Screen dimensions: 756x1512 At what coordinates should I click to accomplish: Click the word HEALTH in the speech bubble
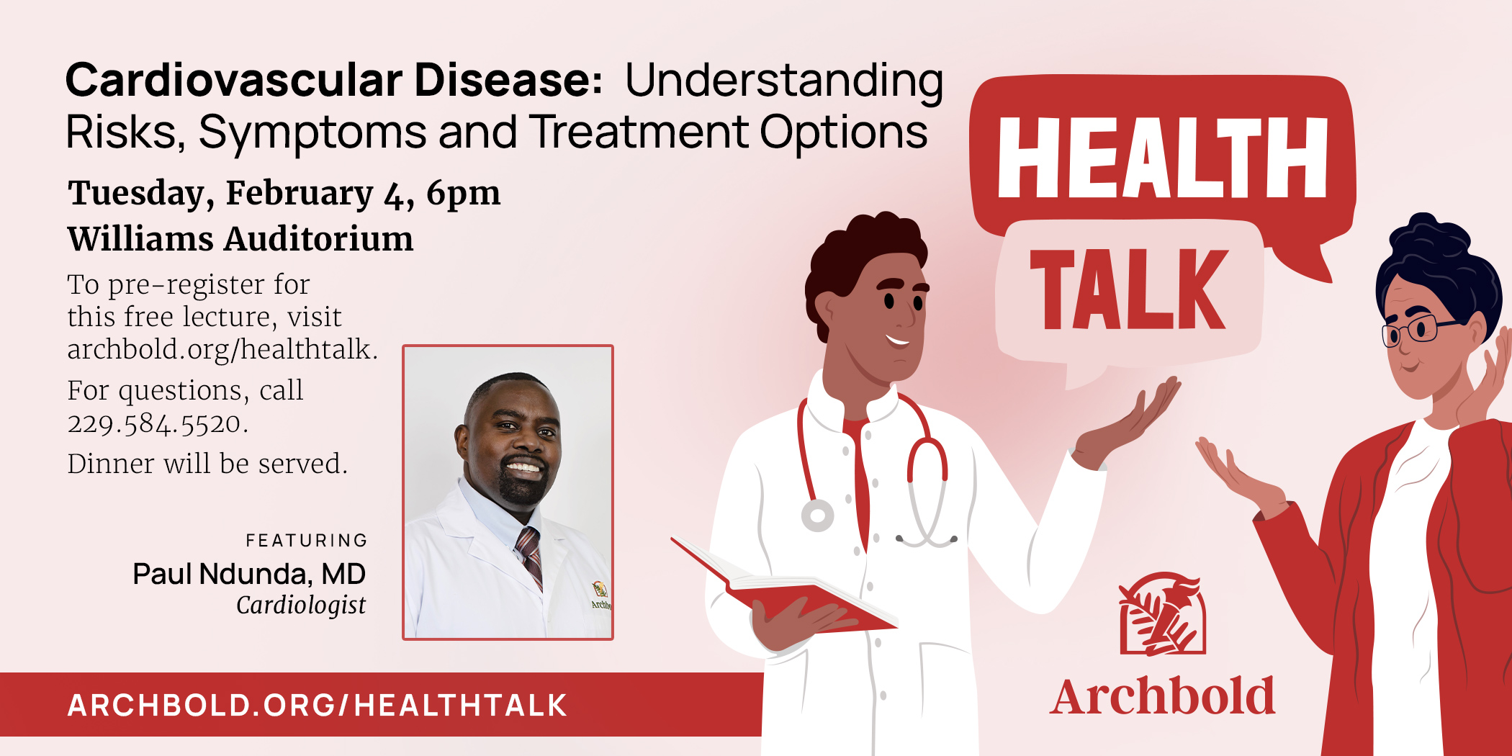1162,157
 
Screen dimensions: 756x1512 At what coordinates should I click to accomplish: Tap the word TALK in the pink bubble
1128,289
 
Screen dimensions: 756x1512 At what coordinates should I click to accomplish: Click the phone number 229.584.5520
157,423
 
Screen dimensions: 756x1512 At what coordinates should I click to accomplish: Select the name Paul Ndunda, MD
249,574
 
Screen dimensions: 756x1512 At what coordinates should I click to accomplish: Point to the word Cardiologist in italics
301,605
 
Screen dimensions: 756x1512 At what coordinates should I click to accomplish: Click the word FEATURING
307,540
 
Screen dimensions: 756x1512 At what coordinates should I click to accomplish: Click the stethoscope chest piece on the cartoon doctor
817,516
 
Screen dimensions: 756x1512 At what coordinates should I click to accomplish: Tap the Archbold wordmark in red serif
1161,697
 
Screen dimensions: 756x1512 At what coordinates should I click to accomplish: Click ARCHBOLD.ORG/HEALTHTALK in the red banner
317,705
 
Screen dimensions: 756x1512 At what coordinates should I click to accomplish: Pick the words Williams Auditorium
240,239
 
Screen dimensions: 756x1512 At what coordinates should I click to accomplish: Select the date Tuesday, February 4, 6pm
284,193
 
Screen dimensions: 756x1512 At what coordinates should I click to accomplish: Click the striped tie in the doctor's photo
529,554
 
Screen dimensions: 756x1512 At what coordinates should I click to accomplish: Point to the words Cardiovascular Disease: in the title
333,80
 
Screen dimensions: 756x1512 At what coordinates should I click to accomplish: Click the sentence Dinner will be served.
207,464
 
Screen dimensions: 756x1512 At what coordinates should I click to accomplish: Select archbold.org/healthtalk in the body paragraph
222,349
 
